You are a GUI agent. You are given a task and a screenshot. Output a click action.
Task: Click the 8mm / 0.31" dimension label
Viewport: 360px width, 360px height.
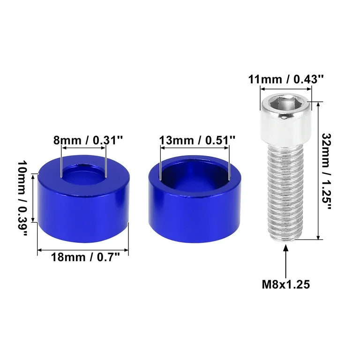[x=88, y=140]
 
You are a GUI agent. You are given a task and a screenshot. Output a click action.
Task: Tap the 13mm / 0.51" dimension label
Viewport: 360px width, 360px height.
[x=197, y=140]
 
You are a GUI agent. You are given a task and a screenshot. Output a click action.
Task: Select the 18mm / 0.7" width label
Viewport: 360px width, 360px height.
[x=85, y=257]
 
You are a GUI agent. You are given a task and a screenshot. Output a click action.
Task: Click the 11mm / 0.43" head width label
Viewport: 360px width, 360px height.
[x=286, y=79]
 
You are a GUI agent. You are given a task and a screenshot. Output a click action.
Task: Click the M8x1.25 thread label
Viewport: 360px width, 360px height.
[x=286, y=285]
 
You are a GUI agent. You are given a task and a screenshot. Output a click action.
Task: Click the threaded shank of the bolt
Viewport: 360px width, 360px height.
[x=285, y=193]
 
